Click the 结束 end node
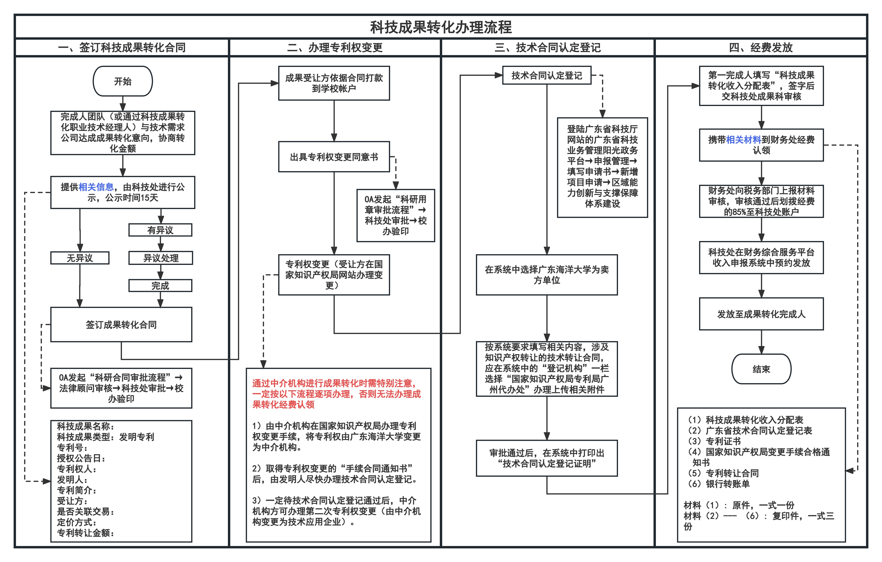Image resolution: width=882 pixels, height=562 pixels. point(761,369)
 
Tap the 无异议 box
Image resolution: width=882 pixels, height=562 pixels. point(80,258)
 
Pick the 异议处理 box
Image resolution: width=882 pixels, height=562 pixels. point(160,258)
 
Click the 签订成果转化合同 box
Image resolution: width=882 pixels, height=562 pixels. point(121,325)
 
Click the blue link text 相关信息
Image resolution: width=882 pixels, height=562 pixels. point(96,187)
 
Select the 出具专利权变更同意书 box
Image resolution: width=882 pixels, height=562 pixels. point(334,157)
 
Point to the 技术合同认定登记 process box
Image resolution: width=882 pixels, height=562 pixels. point(547,75)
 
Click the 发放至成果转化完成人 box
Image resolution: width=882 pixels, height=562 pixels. point(761,314)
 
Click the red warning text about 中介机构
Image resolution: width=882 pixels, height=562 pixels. point(336,394)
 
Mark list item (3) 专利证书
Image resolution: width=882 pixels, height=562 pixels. point(714,441)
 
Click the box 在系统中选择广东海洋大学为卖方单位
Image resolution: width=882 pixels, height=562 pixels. point(547,275)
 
